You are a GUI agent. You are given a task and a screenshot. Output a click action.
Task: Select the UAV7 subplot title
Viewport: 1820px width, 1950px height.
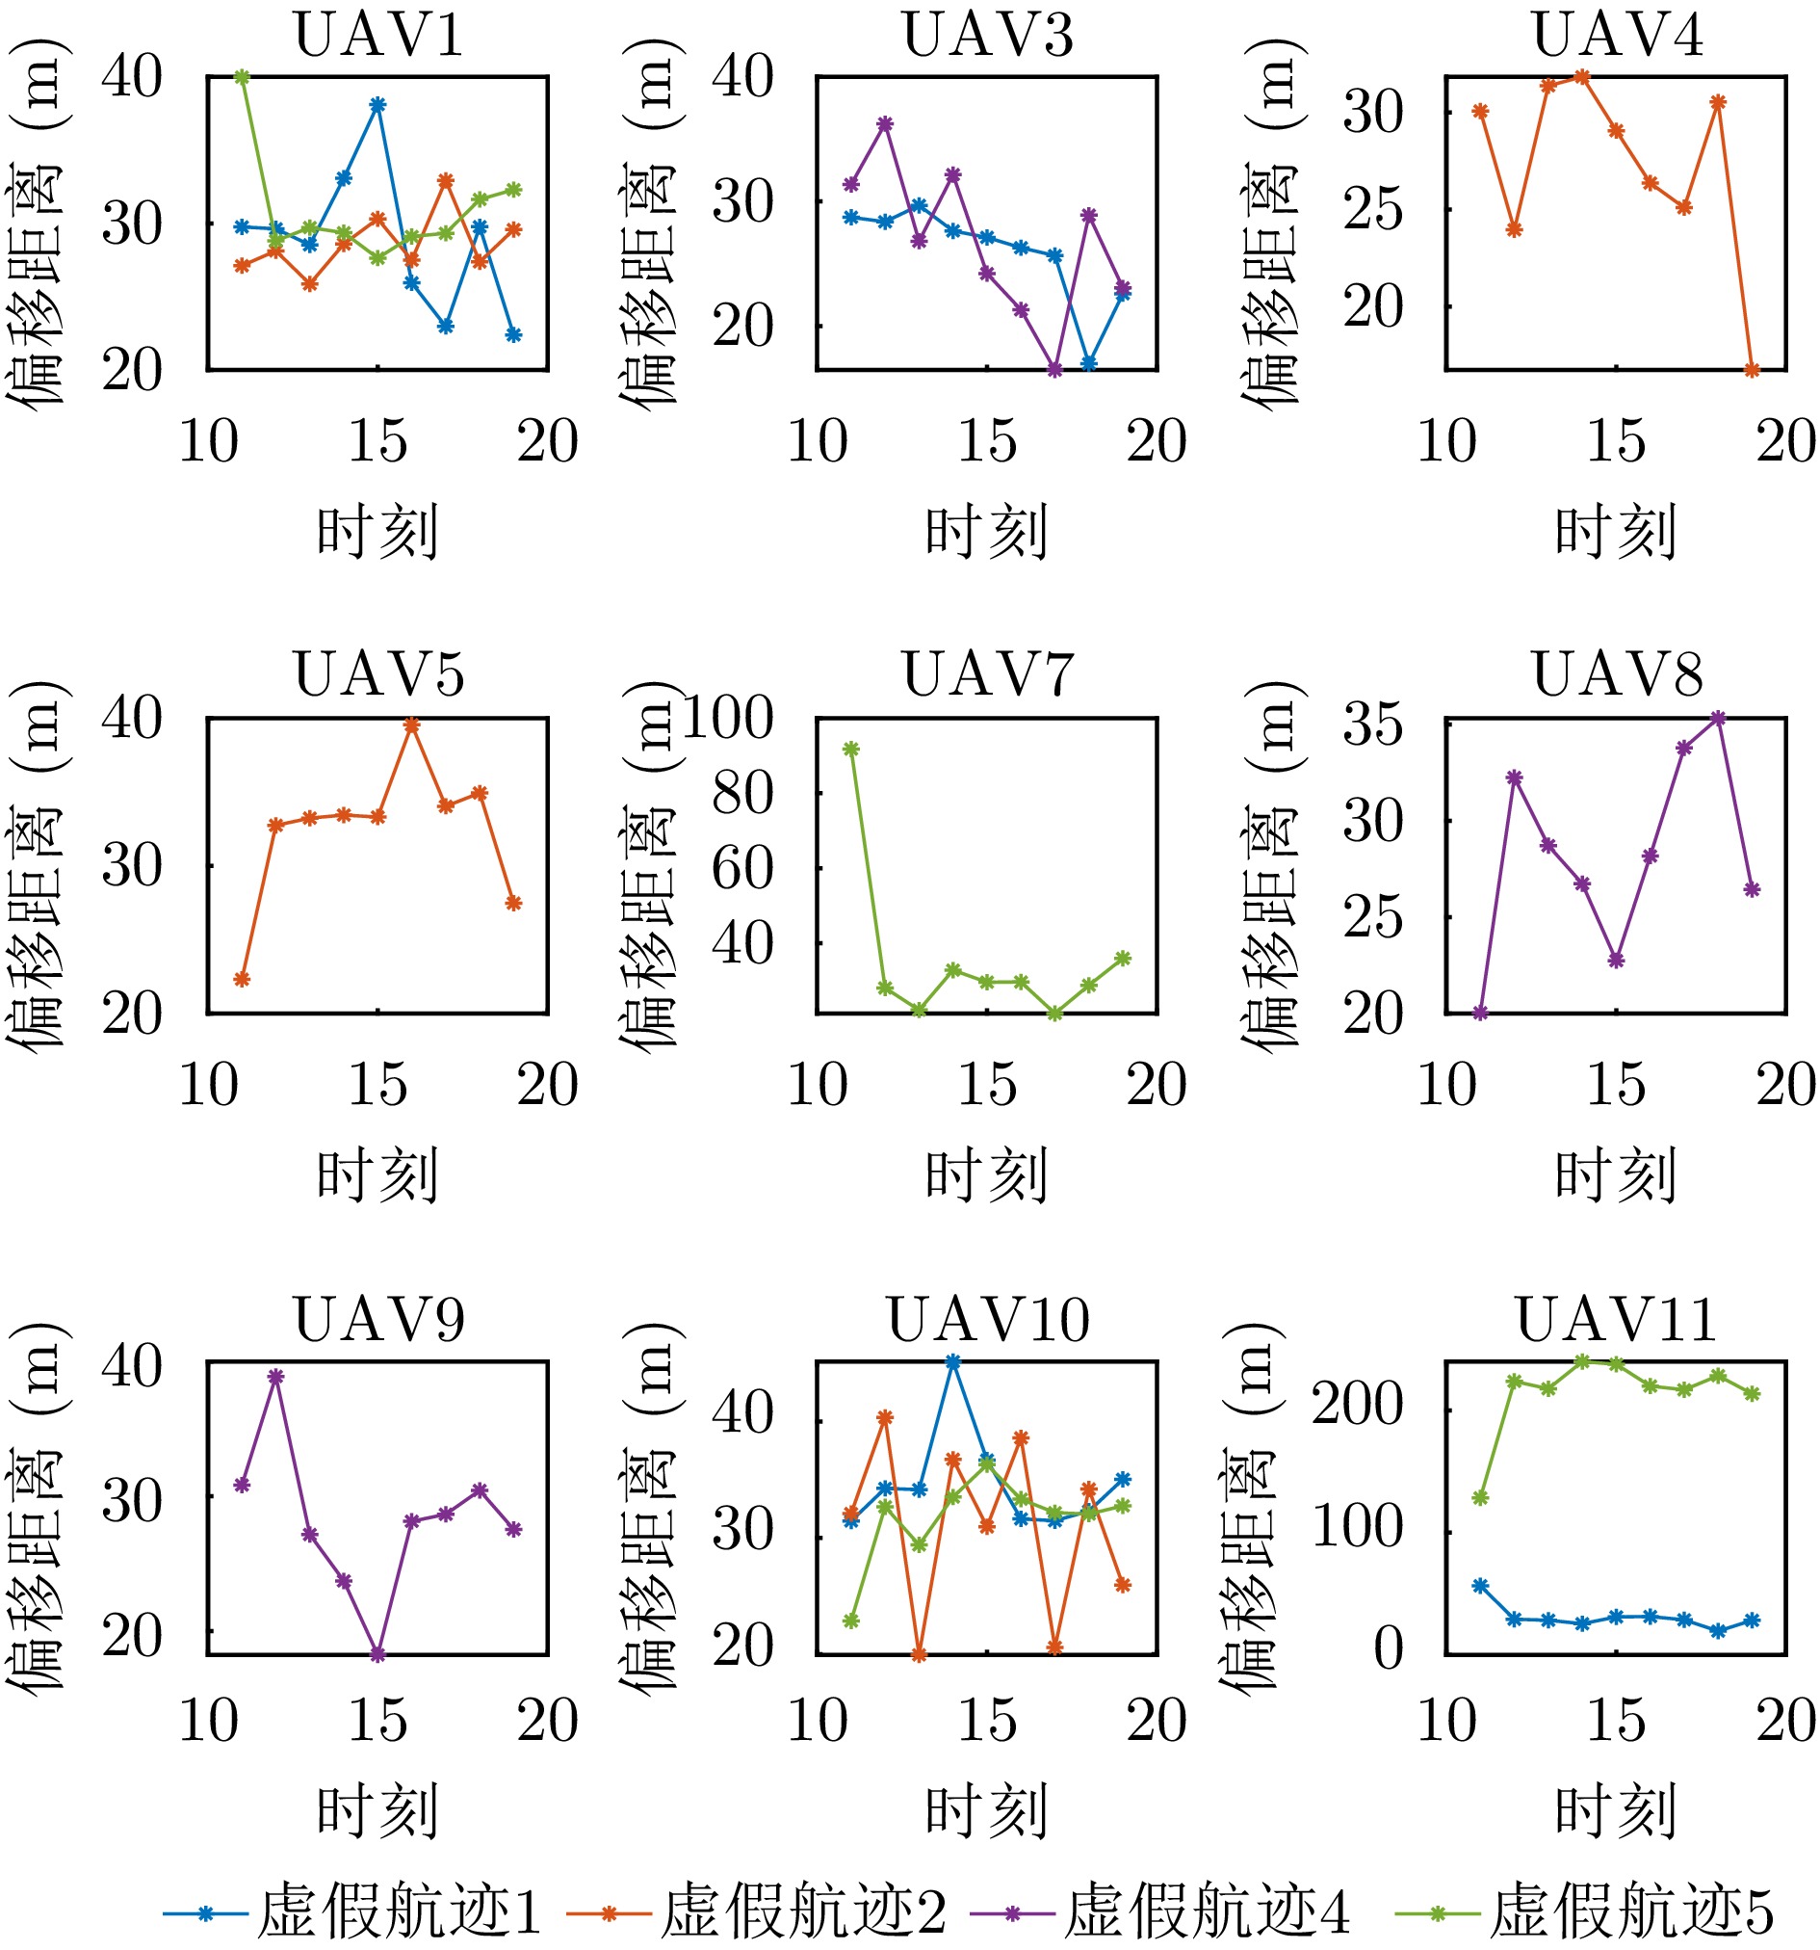pyautogui.click(x=988, y=675)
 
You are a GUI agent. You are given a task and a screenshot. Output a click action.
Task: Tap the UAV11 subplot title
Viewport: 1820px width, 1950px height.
pyautogui.click(x=1617, y=1319)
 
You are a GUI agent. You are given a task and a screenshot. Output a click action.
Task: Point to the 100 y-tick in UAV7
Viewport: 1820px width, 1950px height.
pyautogui.click(x=728, y=718)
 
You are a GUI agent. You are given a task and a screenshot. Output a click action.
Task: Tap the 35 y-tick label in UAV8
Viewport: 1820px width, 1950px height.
pyautogui.click(x=1373, y=725)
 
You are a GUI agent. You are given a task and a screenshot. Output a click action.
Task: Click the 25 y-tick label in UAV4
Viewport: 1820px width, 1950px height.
pyautogui.click(x=1373, y=209)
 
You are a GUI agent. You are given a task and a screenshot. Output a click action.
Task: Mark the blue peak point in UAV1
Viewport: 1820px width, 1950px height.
pyautogui.click(x=377, y=105)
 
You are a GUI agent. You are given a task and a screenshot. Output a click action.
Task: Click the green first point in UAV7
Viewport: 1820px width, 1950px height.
pyautogui.click(x=851, y=750)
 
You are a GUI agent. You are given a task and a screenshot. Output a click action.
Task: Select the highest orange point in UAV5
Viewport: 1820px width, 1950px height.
pyautogui.click(x=412, y=725)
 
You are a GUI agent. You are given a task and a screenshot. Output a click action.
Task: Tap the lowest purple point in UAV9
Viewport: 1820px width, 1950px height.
pyautogui.click(x=377, y=1655)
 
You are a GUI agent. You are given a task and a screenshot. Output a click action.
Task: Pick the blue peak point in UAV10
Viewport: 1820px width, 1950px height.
pyautogui.click(x=953, y=1362)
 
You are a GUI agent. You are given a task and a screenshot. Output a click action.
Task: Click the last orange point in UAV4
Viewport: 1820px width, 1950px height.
pyautogui.click(x=1753, y=370)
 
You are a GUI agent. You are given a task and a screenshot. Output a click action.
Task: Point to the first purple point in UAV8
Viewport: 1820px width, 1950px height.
pyautogui.click(x=1481, y=1014)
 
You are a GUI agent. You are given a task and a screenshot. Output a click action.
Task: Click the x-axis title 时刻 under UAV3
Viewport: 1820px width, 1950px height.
pyautogui.click(x=986, y=532)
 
